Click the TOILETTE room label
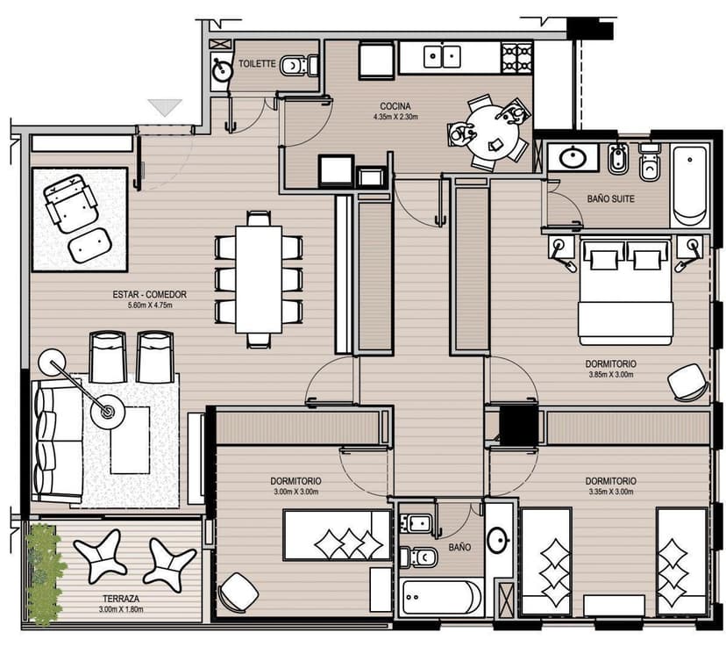tap(257, 64)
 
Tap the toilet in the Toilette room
tap(299, 65)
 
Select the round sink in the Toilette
tap(222, 71)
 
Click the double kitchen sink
tap(442, 56)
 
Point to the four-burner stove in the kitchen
tap(516, 58)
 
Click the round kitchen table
tap(492, 132)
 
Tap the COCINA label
tap(395, 106)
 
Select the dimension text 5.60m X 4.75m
tap(150, 305)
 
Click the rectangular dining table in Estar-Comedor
tap(259, 279)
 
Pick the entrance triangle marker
tap(165, 107)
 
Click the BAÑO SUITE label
tap(610, 199)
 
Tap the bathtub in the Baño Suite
tap(690, 186)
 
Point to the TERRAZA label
tap(121, 599)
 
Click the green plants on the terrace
tap(44, 574)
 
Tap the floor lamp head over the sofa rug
tap(107, 411)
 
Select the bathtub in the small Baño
tap(442, 597)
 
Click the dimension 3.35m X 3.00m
tap(611, 492)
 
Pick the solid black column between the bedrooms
tap(518, 426)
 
